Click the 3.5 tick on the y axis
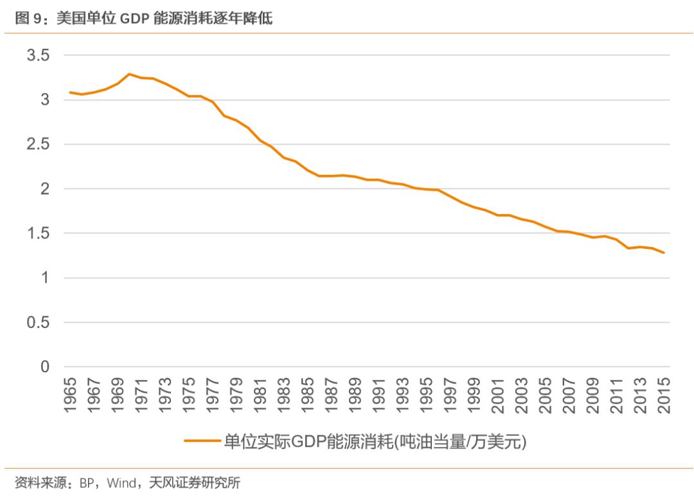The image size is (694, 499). [x=38, y=55]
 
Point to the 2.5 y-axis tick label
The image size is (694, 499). [x=38, y=145]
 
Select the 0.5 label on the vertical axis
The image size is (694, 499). [x=38, y=323]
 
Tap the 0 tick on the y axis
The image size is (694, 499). [x=45, y=367]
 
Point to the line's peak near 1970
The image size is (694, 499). [x=129, y=74]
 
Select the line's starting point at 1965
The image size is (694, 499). [x=70, y=93]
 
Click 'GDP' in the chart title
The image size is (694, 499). [x=131, y=19]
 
